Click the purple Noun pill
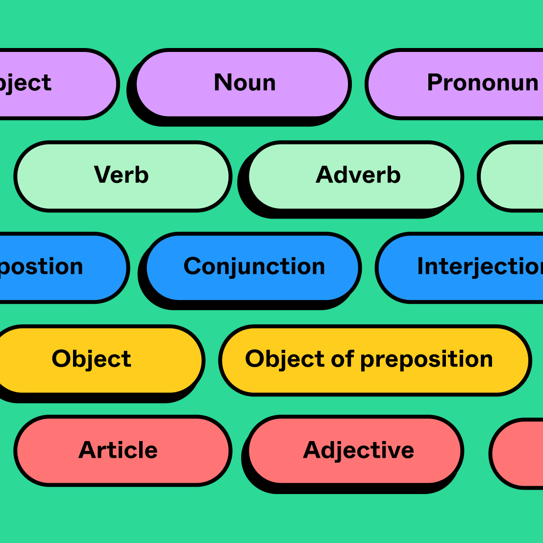(x=244, y=83)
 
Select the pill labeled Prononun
(x=470, y=83)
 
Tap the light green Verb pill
(x=122, y=175)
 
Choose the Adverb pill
(x=357, y=175)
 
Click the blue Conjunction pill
(x=253, y=267)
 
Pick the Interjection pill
(x=470, y=267)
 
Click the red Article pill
(x=119, y=450)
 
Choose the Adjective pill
(x=358, y=450)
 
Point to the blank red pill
(x=519, y=453)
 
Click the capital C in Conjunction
(x=193, y=267)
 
